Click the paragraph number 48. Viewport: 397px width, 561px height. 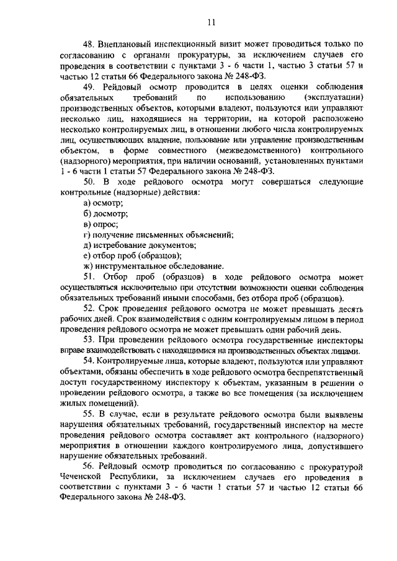89,45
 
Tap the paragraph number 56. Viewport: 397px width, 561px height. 89,465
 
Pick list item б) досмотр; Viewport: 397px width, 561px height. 105,213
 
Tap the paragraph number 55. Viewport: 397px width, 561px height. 89,413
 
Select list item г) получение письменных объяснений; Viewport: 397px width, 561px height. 158,234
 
